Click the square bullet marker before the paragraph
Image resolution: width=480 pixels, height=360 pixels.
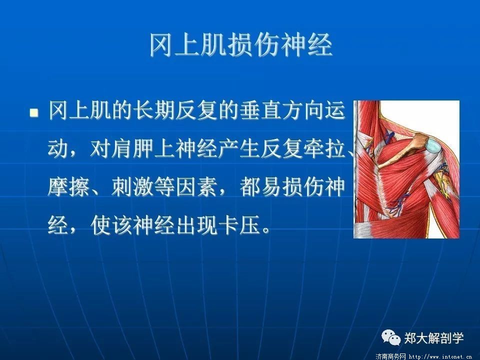(x=34, y=113)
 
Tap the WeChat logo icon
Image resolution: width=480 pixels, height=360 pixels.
(x=391, y=337)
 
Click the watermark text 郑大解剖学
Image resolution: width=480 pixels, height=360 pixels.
(x=434, y=338)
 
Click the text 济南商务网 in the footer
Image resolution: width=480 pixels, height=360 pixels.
(x=390, y=356)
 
